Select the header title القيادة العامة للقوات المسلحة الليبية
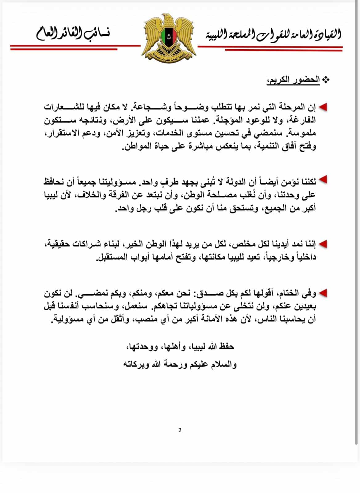pos(273,35)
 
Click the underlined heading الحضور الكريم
pos(293,80)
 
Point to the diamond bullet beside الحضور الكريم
pos(325,80)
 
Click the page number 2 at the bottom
pos(180,430)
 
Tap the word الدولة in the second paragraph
pos(227,182)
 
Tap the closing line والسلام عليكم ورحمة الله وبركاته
pos(180,365)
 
